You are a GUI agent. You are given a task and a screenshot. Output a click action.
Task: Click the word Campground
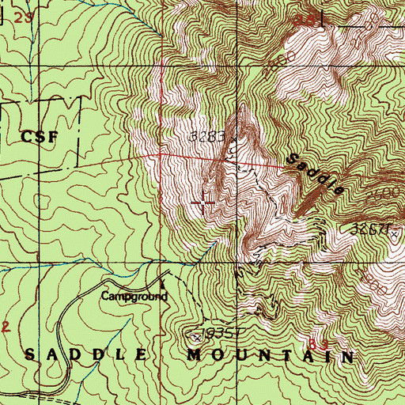(x=134, y=297)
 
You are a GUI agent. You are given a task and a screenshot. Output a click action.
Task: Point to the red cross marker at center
(x=204, y=204)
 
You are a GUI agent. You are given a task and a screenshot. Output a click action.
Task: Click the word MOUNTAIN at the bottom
(x=270, y=357)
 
